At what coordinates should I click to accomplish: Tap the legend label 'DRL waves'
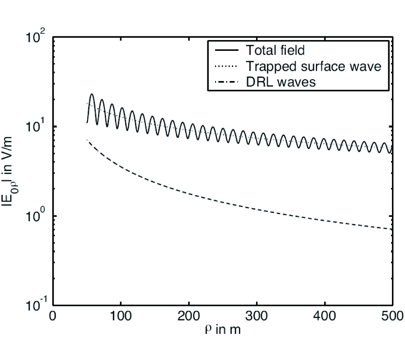275,83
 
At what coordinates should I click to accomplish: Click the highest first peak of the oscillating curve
92,94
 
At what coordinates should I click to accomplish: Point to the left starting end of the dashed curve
87,140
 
